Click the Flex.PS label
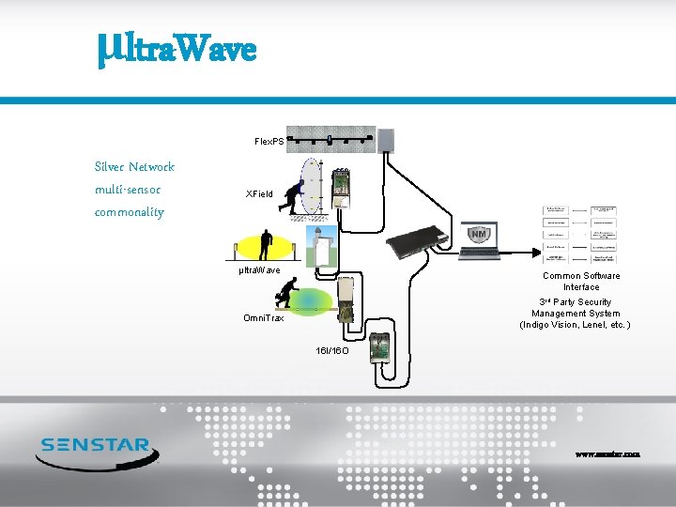click(269, 141)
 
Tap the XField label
click(259, 194)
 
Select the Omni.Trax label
click(264, 318)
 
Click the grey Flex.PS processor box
click(386, 139)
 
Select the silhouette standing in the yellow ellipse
click(266, 243)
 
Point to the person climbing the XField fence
click(299, 196)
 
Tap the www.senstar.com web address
click(607, 453)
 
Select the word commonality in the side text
click(130, 212)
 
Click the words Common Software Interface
click(581, 282)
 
